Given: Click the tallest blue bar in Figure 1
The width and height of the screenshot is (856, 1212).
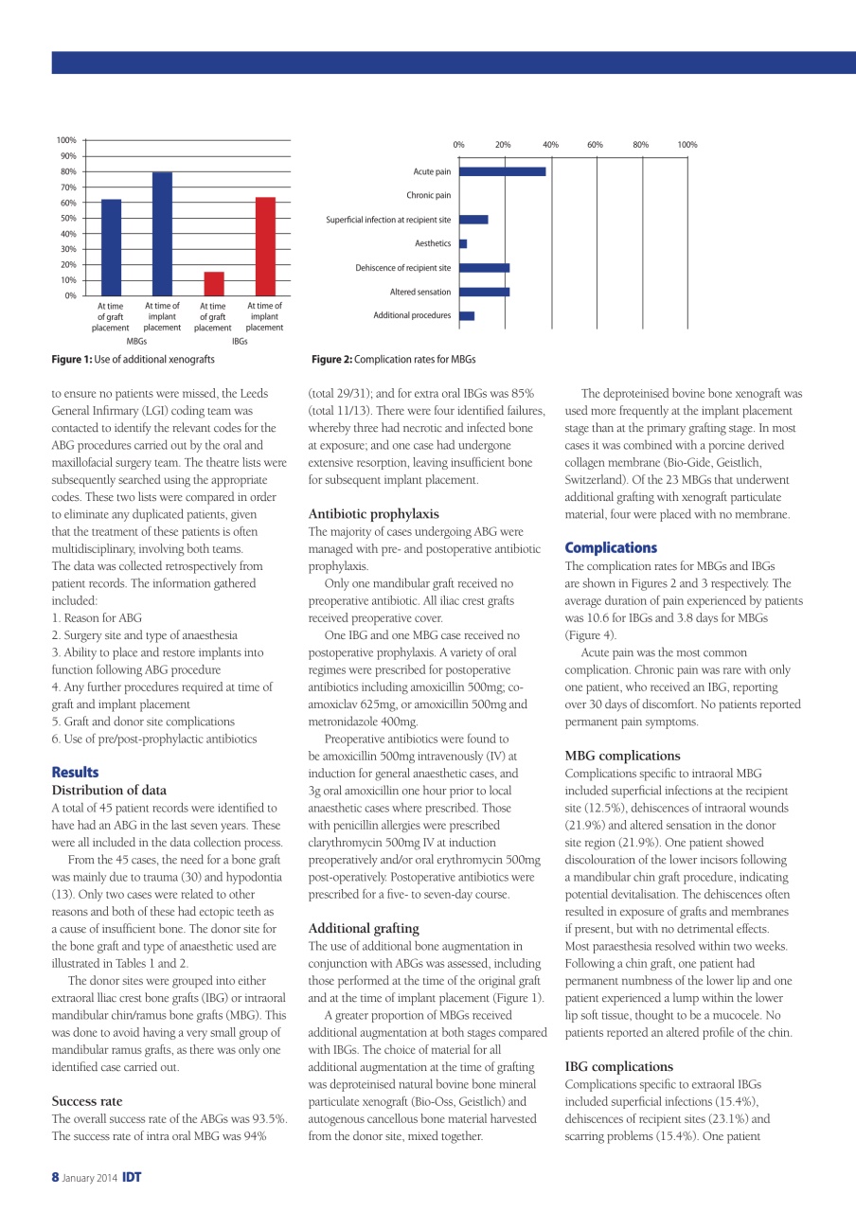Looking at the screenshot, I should pyautogui.click(x=162, y=234).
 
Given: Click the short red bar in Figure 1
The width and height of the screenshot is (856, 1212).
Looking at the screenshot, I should pyautogui.click(x=214, y=284).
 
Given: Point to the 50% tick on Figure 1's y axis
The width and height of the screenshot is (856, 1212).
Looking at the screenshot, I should pyautogui.click(x=69, y=218).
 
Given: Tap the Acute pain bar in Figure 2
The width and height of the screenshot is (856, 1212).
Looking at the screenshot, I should pyautogui.click(x=502, y=171).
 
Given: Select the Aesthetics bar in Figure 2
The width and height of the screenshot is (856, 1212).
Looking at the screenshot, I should pyautogui.click(x=463, y=244).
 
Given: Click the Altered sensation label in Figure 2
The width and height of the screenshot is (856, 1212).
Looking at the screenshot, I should pyautogui.click(x=420, y=292).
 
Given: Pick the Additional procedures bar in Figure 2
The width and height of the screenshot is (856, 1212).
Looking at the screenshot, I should pyautogui.click(x=467, y=315).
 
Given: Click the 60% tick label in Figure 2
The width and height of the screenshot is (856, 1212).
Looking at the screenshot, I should pyautogui.click(x=595, y=145).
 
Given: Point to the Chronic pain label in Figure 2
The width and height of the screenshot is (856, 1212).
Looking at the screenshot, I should pyautogui.click(x=428, y=195).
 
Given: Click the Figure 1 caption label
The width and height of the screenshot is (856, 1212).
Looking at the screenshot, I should pyautogui.click(x=133, y=360).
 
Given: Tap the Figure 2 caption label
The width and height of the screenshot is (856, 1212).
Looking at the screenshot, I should pyautogui.click(x=394, y=360).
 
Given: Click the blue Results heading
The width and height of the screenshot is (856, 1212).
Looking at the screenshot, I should pyautogui.click(x=75, y=773).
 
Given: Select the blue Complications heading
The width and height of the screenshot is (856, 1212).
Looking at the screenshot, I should pyautogui.click(x=610, y=547).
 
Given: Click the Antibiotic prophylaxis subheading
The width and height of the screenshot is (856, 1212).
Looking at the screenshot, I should pyautogui.click(x=373, y=514).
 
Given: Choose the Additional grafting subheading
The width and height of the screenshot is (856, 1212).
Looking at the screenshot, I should pyautogui.click(x=364, y=928).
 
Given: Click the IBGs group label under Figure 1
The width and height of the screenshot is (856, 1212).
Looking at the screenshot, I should pyautogui.click(x=240, y=341).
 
